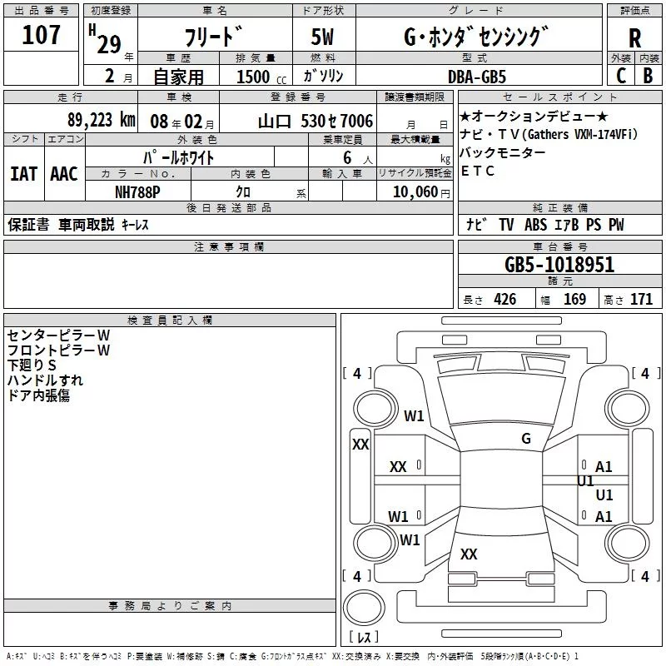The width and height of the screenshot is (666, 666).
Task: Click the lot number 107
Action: point(42,35)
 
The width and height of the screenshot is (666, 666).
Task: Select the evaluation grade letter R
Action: point(634,38)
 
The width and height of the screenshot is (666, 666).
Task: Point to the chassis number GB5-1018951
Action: point(559,265)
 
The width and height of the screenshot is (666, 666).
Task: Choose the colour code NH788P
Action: point(138,191)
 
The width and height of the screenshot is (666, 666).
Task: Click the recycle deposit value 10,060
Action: point(411,191)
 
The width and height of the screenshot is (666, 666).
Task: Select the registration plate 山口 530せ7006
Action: point(316,121)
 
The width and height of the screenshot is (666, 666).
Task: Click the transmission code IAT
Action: point(23,173)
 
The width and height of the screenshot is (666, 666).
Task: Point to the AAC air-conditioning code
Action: point(64,173)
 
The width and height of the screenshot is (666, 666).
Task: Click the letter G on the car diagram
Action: point(525,439)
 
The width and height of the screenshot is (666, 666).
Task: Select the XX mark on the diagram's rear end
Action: point(469,554)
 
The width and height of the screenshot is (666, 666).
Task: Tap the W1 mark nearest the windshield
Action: point(414,416)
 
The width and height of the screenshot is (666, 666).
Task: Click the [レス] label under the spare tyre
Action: point(364,639)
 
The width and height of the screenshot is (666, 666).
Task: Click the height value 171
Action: point(641,300)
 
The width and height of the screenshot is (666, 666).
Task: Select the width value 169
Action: point(574,300)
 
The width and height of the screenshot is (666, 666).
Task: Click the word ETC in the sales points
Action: point(478,171)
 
